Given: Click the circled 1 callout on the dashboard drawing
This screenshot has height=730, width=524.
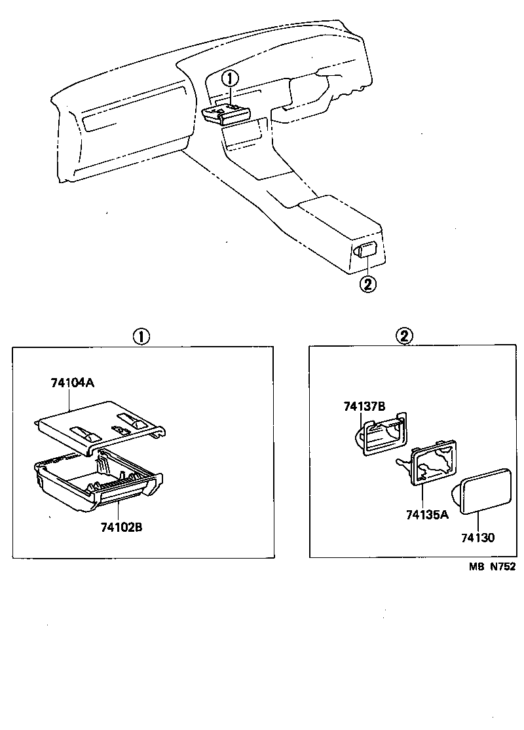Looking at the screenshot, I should (229, 78).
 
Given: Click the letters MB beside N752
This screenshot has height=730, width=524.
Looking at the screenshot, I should (475, 567).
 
